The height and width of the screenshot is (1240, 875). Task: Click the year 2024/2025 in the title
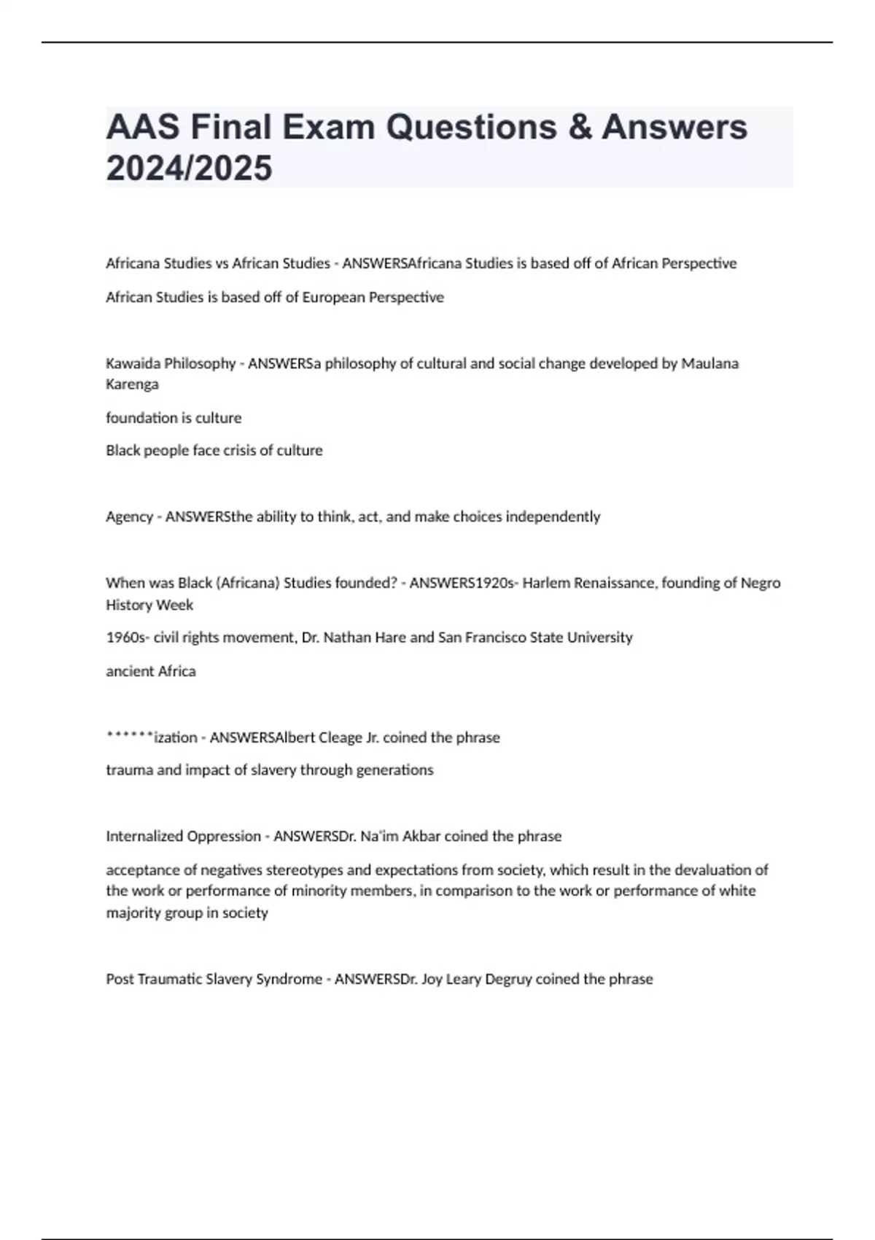[189, 168]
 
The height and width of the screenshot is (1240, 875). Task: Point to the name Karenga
[132, 384]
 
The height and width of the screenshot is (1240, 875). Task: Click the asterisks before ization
[130, 736]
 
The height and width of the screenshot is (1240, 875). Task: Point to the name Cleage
[341, 737]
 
